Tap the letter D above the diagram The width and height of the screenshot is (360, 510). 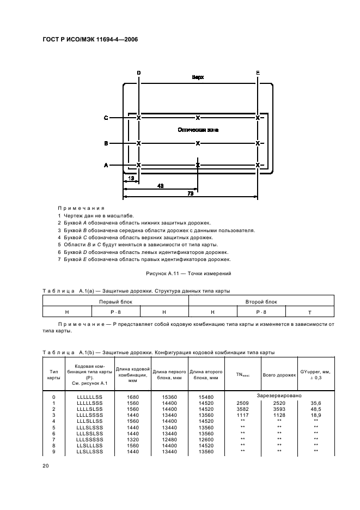(x=139, y=73)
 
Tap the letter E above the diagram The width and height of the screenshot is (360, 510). (x=258, y=73)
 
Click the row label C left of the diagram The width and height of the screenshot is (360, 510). (x=106, y=118)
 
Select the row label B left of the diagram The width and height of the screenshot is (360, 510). (x=106, y=143)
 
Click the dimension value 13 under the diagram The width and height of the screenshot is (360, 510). (x=131, y=178)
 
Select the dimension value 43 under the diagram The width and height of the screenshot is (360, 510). (x=161, y=186)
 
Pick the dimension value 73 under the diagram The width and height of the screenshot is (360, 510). (x=190, y=193)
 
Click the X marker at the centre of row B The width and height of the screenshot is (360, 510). (x=198, y=143)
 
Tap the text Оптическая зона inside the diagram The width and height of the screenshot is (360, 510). (x=198, y=130)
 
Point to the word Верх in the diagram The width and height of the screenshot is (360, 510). (x=198, y=77)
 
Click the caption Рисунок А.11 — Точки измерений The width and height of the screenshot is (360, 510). (x=188, y=273)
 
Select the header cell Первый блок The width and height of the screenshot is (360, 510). (x=115, y=301)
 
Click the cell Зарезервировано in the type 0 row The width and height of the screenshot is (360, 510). (x=279, y=396)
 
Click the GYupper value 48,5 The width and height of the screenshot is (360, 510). (x=315, y=408)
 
